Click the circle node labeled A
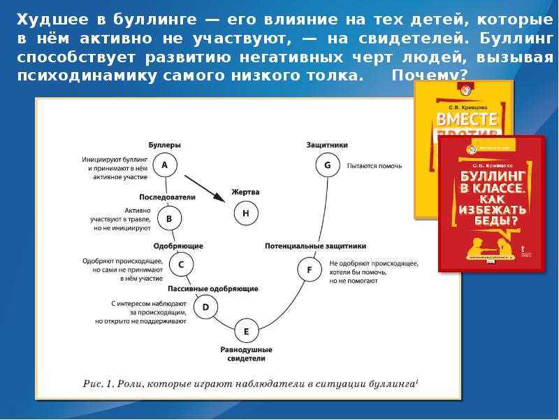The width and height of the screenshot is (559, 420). [165, 165]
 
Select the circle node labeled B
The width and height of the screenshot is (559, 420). [169, 219]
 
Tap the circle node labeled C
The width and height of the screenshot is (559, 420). [181, 265]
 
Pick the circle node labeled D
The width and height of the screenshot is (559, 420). [205, 307]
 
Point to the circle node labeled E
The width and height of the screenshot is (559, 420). [246, 331]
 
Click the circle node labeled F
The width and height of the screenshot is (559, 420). [309, 269]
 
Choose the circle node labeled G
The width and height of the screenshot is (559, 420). [327, 166]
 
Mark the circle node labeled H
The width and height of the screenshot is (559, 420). [245, 213]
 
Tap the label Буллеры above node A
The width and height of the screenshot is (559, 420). [165, 145]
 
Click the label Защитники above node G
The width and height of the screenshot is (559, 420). [327, 145]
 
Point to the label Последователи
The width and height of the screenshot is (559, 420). [167, 197]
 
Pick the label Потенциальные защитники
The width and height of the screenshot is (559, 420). [315, 246]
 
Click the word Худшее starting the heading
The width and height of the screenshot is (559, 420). [50, 20]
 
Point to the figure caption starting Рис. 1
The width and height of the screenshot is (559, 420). [250, 383]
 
